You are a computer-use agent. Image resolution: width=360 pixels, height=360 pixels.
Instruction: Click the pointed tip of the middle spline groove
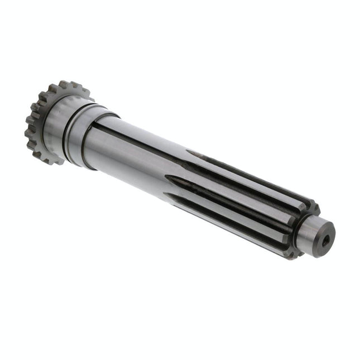(167, 178)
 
